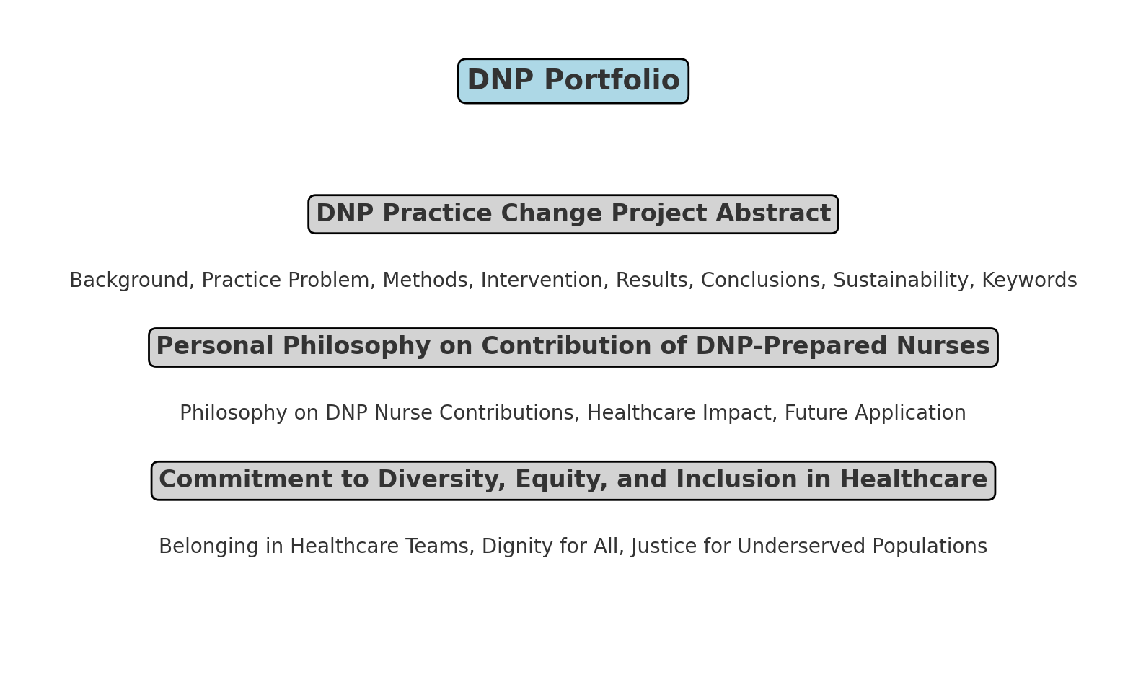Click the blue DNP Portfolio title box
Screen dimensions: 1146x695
coord(573,81)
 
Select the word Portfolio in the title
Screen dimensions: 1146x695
coord(612,80)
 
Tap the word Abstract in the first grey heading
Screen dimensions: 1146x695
coord(773,213)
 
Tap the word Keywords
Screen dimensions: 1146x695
coord(1029,280)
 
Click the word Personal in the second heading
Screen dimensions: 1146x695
coord(215,346)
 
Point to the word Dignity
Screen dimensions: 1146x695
coord(517,546)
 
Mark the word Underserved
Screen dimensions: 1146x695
coord(801,546)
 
